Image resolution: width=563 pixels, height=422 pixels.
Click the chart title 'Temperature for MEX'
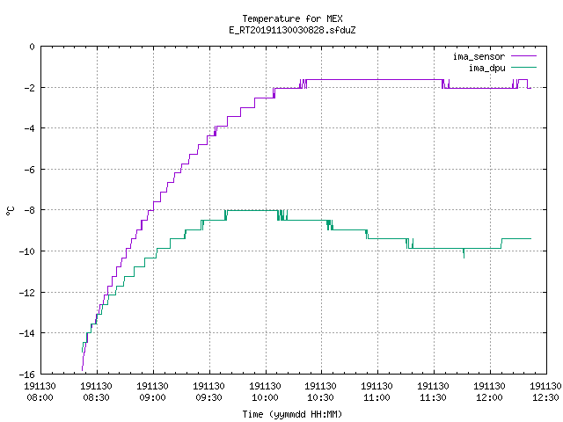coord(292,18)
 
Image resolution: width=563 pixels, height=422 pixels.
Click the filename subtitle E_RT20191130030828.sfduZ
coord(292,30)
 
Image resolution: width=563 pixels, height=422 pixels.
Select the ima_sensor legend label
coord(479,56)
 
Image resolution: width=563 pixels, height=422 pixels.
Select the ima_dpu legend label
coord(486,68)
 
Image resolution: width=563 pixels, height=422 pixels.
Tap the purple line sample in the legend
coord(523,56)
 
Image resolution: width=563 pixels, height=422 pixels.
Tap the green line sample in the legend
coord(523,67)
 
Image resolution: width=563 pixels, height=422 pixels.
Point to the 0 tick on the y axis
coord(33,47)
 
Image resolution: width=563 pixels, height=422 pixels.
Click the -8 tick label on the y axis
coord(29,210)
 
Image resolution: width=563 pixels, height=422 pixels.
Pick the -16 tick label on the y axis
coord(27,375)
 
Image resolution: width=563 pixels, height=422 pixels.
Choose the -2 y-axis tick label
coord(29,88)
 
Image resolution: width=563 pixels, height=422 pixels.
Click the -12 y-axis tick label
coord(27,293)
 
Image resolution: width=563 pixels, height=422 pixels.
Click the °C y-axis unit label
coord(10,211)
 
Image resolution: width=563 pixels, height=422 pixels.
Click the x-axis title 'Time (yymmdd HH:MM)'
coord(292,414)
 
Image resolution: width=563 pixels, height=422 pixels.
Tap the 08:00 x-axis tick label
coord(40,392)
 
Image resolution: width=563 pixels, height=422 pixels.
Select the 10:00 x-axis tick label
coord(265,392)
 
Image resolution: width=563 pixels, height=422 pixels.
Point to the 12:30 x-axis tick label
coord(545,392)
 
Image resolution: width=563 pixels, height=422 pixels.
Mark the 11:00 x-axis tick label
coord(377,392)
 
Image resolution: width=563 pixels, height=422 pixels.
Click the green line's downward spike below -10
coord(464,253)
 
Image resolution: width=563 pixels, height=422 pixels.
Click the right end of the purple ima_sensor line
coord(530,88)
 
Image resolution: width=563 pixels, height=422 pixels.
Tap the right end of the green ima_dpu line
coord(530,238)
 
